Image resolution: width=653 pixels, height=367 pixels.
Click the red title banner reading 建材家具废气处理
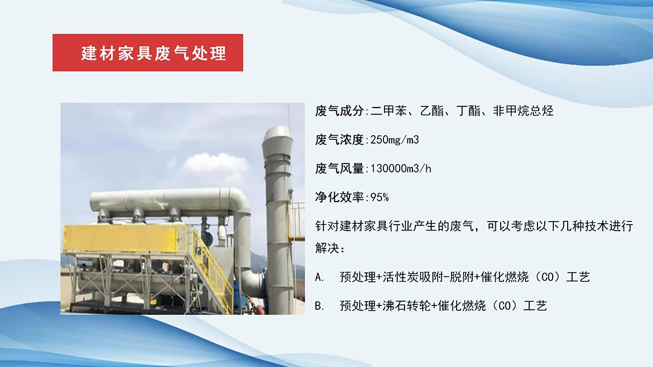[148, 53]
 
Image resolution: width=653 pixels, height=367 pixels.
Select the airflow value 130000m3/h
[400, 168]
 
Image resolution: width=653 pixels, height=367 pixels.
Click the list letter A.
[319, 277]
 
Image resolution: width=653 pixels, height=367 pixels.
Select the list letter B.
[319, 305]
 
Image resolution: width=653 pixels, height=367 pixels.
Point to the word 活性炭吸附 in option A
[418, 277]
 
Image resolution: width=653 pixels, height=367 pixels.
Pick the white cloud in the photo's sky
[215, 163]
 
